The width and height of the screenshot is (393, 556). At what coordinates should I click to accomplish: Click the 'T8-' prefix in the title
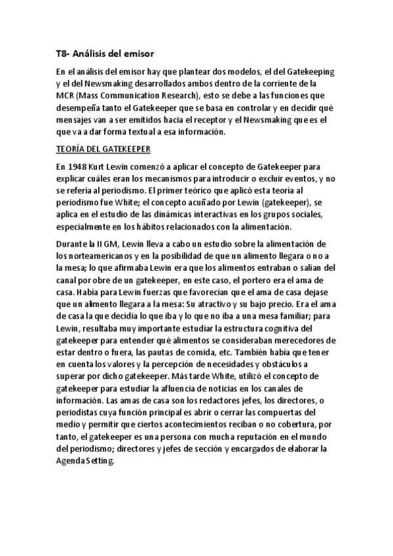coord(64,54)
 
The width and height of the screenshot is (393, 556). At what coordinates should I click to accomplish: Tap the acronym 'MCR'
coord(66,96)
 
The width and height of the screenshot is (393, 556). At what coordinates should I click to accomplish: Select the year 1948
coord(78,167)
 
